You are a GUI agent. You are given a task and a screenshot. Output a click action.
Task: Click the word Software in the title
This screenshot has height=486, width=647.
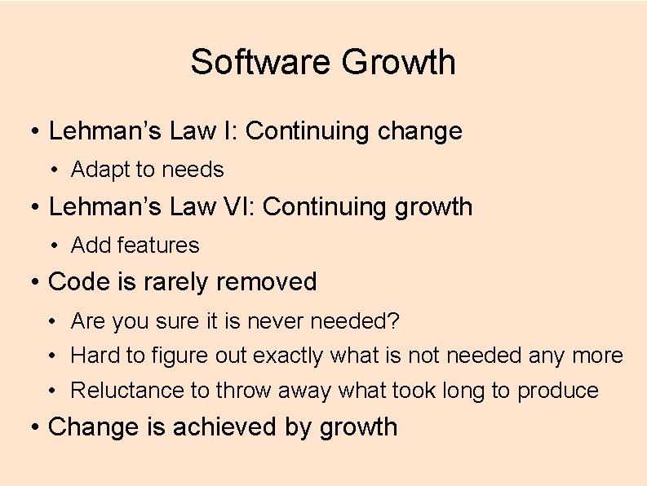pos(261,62)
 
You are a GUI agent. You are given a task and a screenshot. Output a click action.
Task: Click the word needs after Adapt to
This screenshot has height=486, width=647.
pos(193,170)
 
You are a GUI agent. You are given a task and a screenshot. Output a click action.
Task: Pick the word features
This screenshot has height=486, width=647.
pos(160,245)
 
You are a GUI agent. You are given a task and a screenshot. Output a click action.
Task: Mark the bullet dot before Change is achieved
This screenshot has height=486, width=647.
pos(35,427)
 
